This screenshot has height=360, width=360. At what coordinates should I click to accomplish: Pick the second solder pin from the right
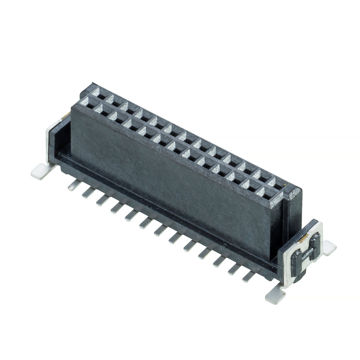click(233, 269)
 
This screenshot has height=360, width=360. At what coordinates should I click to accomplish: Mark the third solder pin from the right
click(219, 261)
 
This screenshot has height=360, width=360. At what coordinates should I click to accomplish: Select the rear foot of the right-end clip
click(329, 247)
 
